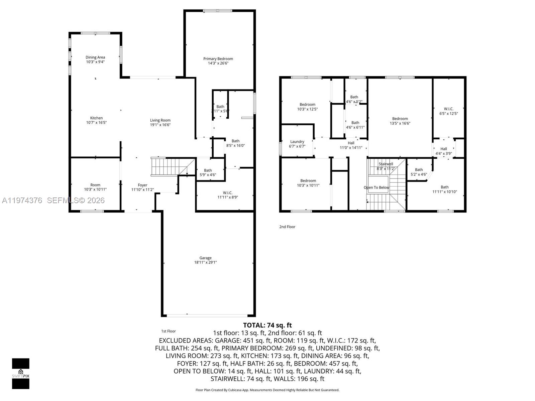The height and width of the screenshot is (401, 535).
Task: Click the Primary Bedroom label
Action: coord(218,59)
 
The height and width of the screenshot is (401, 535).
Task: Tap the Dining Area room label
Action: coord(95,57)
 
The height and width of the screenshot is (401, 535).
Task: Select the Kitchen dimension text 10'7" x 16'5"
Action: coord(96,123)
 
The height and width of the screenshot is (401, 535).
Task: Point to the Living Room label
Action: coord(160,120)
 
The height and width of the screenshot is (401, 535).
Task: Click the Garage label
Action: coord(205,258)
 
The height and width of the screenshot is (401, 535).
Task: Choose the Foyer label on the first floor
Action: coord(142,185)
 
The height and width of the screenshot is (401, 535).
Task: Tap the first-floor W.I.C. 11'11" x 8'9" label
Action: coord(227,195)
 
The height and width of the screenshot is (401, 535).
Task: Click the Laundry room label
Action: coord(297,142)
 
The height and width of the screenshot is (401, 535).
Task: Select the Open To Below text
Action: coord(376,187)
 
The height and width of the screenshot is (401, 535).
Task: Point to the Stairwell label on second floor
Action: coord(386,164)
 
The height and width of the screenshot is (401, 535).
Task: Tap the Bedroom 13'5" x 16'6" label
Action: coord(400,121)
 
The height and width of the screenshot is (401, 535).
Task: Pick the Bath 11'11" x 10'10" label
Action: coord(444,189)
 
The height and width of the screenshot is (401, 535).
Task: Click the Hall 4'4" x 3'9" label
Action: coord(443,151)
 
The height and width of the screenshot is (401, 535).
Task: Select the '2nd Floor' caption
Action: coord(287,227)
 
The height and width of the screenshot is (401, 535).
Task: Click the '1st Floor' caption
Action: coord(168,331)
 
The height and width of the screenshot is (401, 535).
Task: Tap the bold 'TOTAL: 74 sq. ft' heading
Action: coord(267,325)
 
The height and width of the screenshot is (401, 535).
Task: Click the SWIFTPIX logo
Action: coord(21,373)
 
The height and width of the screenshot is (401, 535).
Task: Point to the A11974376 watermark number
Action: coord(22,200)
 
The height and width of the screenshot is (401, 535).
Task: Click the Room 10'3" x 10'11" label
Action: coord(95,187)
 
